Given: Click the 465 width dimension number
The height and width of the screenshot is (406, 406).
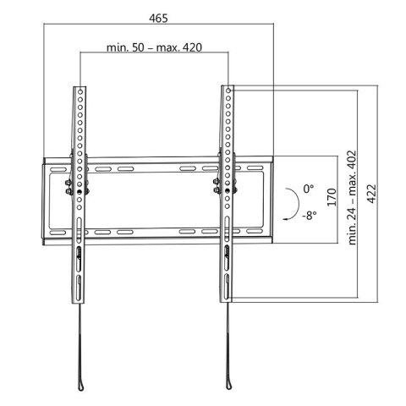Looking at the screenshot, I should click(159, 16).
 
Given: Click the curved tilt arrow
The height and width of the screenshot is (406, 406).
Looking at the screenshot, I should click(292, 203).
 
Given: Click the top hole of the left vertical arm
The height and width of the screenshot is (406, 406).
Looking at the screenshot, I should click(80, 91).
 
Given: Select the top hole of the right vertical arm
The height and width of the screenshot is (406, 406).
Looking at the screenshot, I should click(228, 91).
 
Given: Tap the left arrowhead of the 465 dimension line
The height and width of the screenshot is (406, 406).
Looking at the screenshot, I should click(43, 26).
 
